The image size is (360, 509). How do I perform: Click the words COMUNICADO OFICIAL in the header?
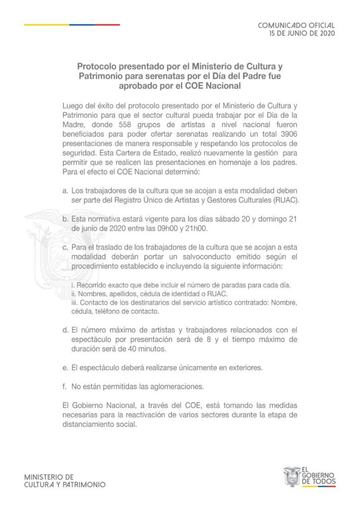point(296,25)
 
